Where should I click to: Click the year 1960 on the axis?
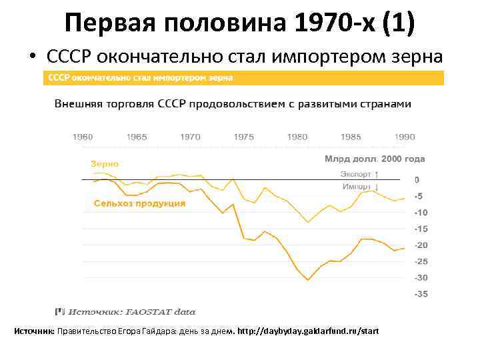click(x=83, y=137)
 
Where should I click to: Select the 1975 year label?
click(x=244, y=137)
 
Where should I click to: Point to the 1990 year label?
click(x=404, y=137)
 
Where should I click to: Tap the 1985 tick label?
click(x=351, y=137)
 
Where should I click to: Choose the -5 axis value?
click(x=418, y=197)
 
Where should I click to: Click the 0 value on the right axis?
click(x=417, y=180)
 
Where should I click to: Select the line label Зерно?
click(x=105, y=163)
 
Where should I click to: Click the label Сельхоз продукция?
click(x=139, y=203)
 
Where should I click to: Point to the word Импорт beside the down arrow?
click(x=357, y=187)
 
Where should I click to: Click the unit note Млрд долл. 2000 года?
click(x=375, y=159)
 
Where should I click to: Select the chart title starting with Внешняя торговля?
click(x=233, y=104)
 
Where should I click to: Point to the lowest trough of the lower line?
click(x=308, y=279)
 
